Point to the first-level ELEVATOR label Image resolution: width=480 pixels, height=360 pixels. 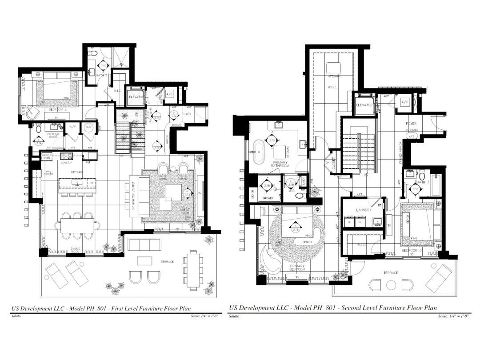[x=136, y=97]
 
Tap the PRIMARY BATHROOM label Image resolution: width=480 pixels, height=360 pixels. [x=281, y=164]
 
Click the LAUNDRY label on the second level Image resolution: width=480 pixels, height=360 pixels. [x=364, y=210]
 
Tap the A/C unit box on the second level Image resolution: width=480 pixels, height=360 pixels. [x=404, y=102]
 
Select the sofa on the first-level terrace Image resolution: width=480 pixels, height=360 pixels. [x=144, y=244]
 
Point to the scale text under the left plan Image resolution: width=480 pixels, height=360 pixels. [x=208, y=316]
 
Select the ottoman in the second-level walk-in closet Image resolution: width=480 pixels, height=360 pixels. [x=334, y=68]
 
